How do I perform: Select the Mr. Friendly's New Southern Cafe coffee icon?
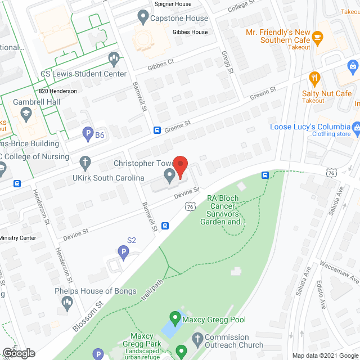click(318, 38)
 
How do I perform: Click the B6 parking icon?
click(88, 134)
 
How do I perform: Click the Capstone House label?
click(171, 19)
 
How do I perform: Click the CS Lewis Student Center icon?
click(114, 58)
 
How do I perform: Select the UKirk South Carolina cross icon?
click(85, 163)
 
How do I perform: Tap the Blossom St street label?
click(89, 316)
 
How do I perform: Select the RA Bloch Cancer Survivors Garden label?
click(223, 210)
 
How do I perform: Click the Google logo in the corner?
click(18, 353)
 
